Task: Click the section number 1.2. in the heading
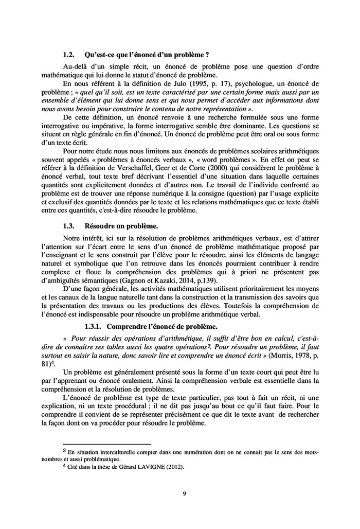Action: click(x=69, y=54)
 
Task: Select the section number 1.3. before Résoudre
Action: click(x=69, y=225)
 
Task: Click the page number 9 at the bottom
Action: click(x=185, y=494)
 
